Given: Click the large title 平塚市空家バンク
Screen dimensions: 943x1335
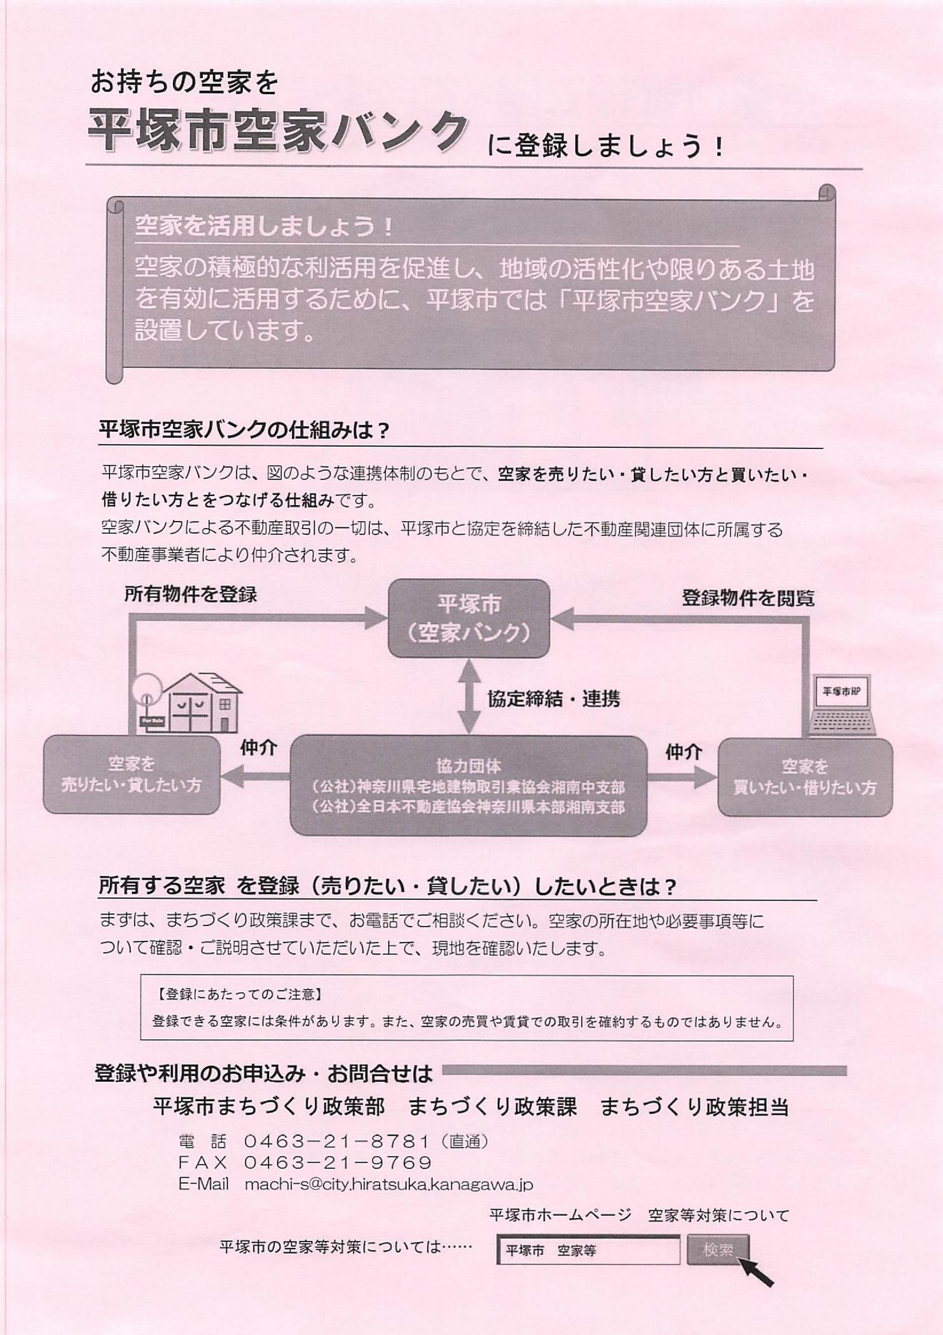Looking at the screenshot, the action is pyautogui.click(x=278, y=132).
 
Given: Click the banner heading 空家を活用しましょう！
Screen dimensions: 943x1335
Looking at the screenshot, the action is pyautogui.click(x=265, y=227).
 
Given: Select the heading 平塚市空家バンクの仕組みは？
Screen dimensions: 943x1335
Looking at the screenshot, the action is pyautogui.click(x=244, y=431).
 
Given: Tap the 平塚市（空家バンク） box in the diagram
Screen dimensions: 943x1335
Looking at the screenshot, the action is pyautogui.click(x=469, y=618).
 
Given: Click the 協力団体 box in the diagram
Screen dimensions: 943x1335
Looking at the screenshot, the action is pyautogui.click(x=469, y=785).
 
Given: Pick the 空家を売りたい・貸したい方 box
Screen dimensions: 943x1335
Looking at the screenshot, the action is pyautogui.click(x=132, y=775).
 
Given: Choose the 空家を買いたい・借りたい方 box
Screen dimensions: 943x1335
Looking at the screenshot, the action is pyautogui.click(x=805, y=777).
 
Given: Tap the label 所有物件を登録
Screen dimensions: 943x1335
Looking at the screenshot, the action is pyautogui.click(x=190, y=595).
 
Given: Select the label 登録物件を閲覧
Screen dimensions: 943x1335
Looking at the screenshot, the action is pyautogui.click(x=748, y=598).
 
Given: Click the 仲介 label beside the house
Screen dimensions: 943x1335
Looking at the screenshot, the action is pyautogui.click(x=258, y=748).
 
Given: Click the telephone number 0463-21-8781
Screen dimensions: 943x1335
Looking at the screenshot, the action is pyautogui.click(x=338, y=1142).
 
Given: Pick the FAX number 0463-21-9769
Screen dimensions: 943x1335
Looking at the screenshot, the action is pyautogui.click(x=338, y=1163).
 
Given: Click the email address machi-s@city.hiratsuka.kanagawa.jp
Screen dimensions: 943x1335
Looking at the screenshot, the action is pyautogui.click(x=389, y=1184).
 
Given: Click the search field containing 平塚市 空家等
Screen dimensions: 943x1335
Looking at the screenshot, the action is pyautogui.click(x=588, y=1250).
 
